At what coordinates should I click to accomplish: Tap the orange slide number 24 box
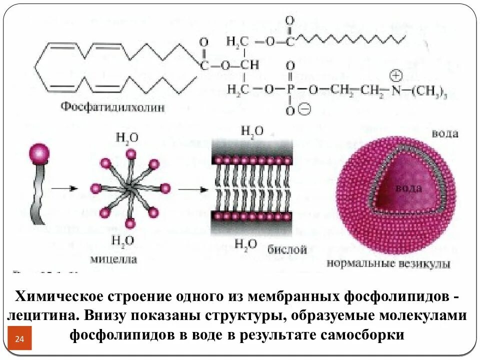point(20,338)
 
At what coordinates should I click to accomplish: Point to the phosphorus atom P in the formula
point(290,89)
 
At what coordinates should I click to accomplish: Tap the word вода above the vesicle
point(445,133)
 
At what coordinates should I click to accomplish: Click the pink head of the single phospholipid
point(39,152)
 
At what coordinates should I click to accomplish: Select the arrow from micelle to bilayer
point(192,188)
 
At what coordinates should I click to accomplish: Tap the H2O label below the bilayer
point(246,244)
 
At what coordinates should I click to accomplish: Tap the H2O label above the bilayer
point(252,131)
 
